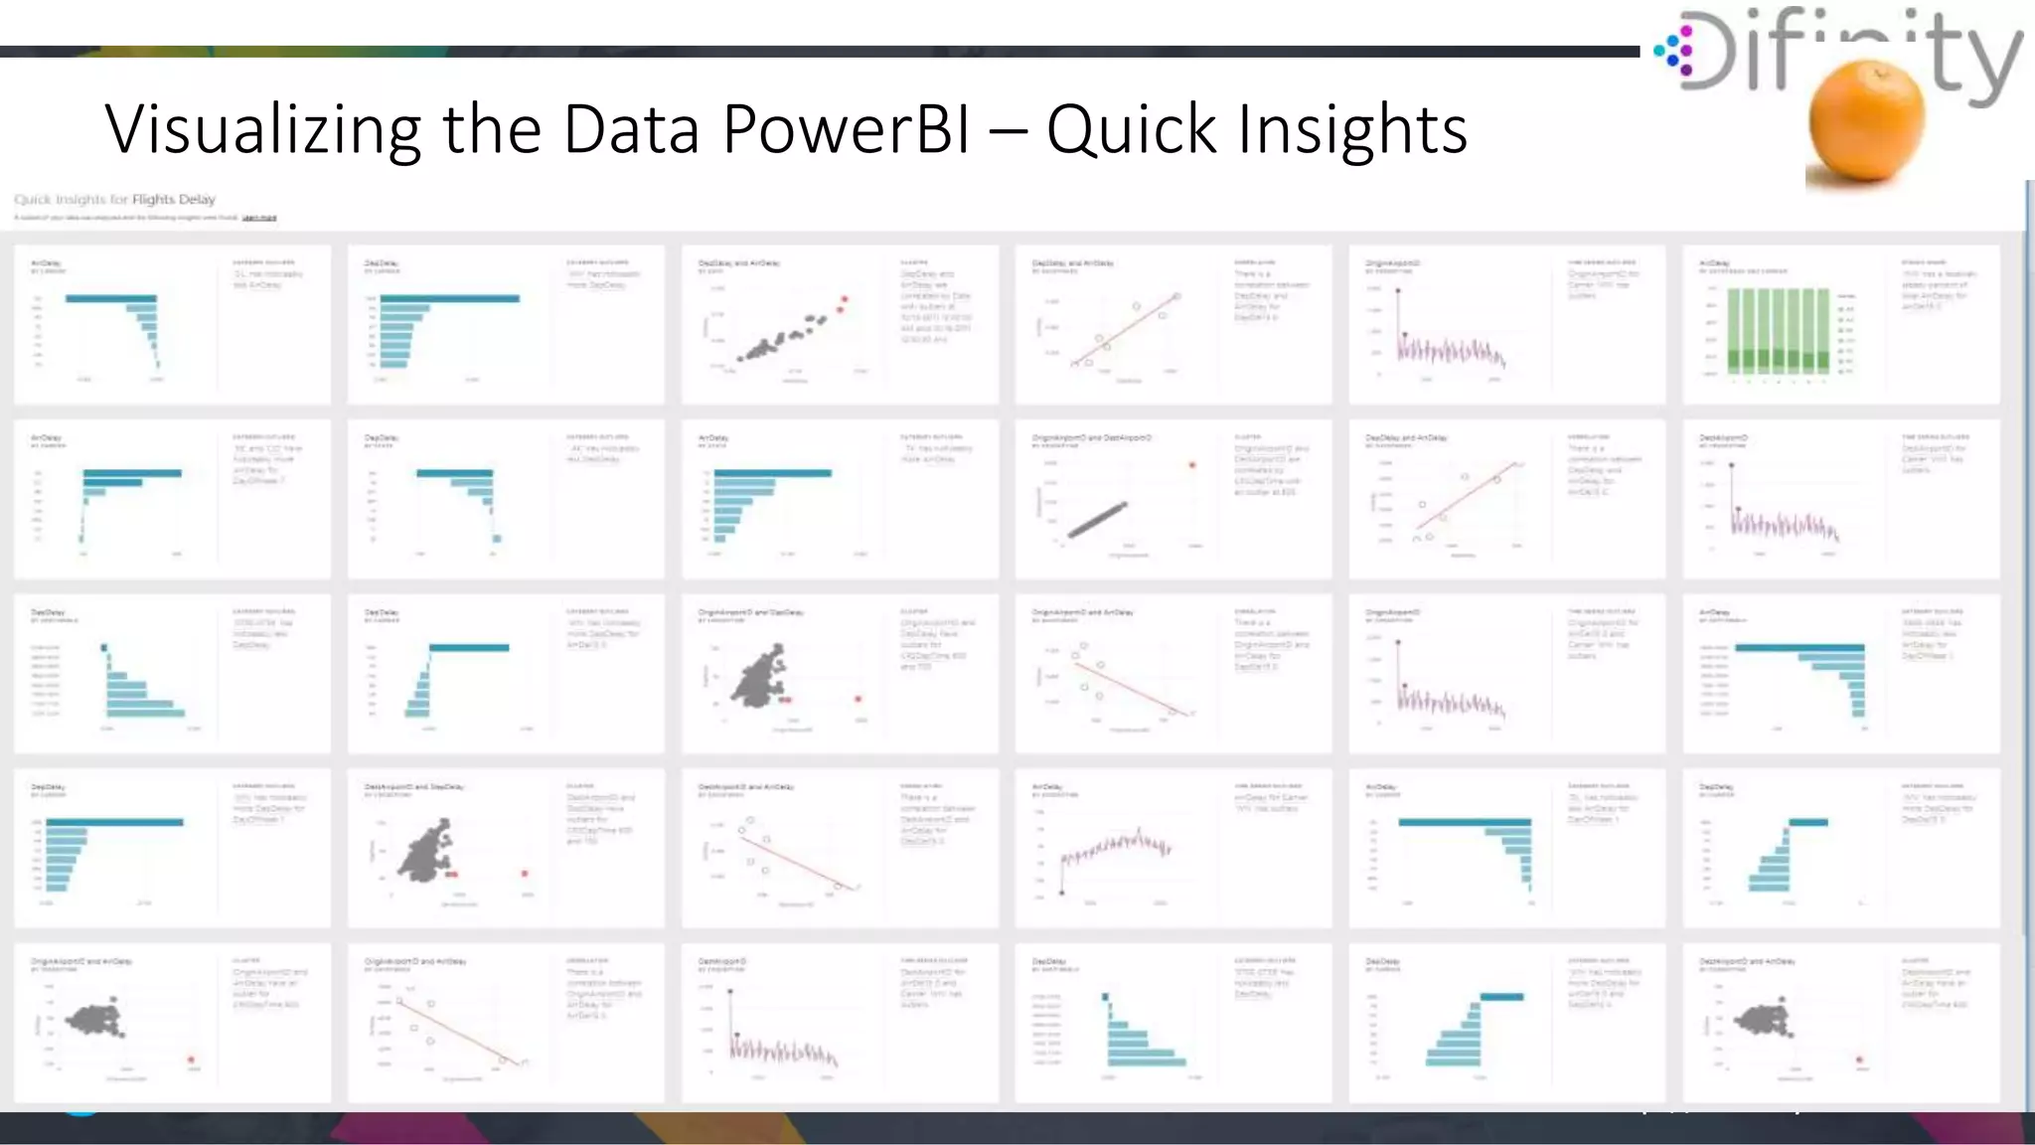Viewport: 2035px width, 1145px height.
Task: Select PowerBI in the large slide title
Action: pos(846,129)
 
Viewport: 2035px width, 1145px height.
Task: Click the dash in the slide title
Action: pos(1009,131)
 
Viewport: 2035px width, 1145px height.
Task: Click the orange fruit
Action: pos(1866,119)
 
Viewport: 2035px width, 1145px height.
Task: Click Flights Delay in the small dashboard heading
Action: pos(174,199)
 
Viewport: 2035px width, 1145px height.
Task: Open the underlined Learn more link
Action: pos(259,217)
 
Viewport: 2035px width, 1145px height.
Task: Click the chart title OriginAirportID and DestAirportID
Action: pos(1091,438)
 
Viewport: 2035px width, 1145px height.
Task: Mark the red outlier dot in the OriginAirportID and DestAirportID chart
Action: pos(1192,465)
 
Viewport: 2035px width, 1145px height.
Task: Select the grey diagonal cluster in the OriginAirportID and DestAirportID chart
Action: pos(1098,520)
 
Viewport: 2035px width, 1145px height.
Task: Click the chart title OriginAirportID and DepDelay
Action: pos(750,612)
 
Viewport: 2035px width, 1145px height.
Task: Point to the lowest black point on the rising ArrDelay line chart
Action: pos(1062,893)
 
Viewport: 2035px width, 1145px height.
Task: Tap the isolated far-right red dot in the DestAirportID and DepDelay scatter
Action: pos(525,874)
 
